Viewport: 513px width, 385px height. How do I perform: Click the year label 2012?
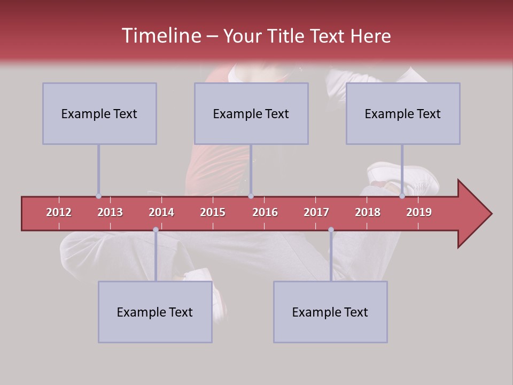(59, 212)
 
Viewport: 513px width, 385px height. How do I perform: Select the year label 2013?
(110, 212)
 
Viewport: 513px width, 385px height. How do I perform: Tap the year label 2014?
(161, 212)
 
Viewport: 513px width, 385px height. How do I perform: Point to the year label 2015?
(213, 212)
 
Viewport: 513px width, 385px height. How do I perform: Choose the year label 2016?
(265, 212)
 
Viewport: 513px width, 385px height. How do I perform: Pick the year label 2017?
(316, 212)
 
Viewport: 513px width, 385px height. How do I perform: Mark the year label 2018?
(368, 212)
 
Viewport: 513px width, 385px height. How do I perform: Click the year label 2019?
(419, 212)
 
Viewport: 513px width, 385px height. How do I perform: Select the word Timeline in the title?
(160, 36)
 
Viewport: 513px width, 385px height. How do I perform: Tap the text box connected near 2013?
(99, 113)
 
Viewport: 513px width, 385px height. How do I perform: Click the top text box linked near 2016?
(251, 113)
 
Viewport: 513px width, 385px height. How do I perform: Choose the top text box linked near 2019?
(403, 113)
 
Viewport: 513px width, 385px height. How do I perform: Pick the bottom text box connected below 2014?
(155, 312)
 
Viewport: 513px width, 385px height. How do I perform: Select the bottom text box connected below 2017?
(330, 312)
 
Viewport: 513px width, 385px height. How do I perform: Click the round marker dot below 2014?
(156, 230)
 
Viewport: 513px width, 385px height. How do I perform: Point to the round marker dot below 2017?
(331, 230)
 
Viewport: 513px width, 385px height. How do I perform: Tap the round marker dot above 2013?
(98, 196)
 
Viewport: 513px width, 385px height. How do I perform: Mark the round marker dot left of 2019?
(402, 196)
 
